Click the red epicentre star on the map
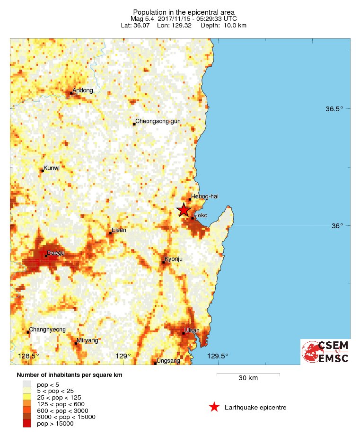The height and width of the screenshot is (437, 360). click(x=184, y=210)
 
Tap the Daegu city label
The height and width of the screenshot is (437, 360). click(x=56, y=254)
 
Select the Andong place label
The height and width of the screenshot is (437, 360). click(x=83, y=90)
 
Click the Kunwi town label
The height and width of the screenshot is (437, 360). click(x=52, y=168)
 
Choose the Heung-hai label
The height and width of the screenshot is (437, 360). click(x=205, y=196)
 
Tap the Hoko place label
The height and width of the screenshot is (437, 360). click(x=201, y=215)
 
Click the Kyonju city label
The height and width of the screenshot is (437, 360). click(x=173, y=259)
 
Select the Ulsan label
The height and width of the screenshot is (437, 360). click(x=192, y=330)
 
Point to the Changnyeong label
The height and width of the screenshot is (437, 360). click(x=47, y=330)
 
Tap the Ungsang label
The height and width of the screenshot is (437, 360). click(x=168, y=361)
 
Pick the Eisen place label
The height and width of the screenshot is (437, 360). click(x=119, y=231)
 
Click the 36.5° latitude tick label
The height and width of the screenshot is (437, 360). click(x=334, y=109)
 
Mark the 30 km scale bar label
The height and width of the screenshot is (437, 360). click(x=248, y=378)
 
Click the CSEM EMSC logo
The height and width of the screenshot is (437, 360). click(x=325, y=352)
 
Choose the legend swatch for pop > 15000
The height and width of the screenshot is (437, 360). click(x=26, y=424)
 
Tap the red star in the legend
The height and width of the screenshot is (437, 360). click(x=214, y=407)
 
